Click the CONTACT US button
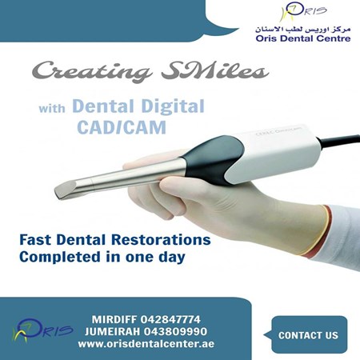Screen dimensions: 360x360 click(x=308, y=335)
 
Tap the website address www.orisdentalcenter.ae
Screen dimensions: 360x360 click(x=146, y=344)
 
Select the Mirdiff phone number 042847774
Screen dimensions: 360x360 click(x=170, y=318)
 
